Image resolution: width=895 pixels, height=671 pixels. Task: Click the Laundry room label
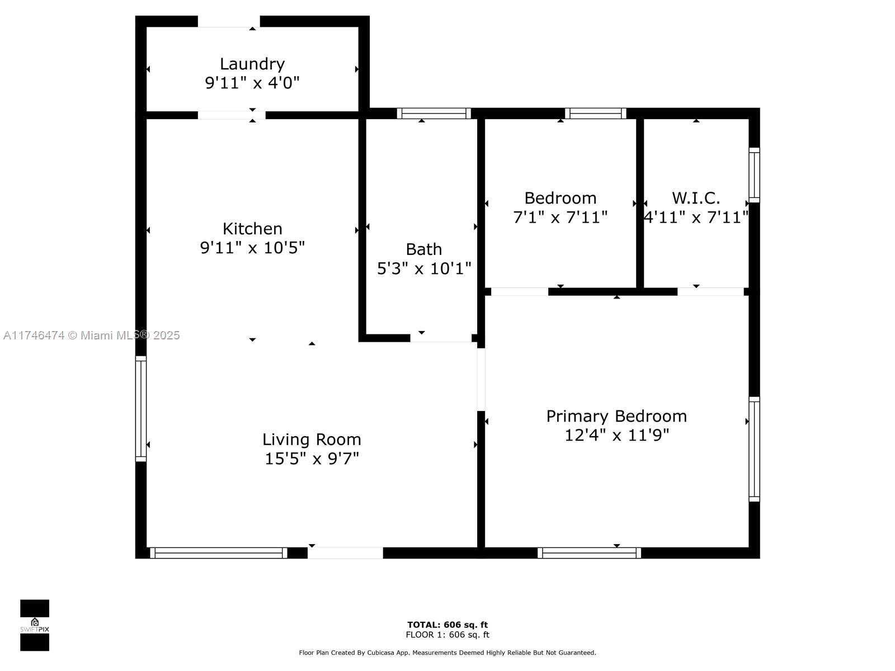252,64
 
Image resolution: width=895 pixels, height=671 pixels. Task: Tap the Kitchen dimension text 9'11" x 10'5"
252,247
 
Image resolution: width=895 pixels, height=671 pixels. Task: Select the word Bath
423,249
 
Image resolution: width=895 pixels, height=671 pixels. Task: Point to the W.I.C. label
696,198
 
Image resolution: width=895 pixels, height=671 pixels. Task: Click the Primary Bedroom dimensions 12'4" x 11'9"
616,435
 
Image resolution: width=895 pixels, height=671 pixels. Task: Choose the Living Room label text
312,440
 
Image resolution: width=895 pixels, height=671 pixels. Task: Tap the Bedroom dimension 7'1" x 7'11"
560,217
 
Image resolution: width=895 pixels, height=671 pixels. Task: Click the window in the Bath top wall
434,114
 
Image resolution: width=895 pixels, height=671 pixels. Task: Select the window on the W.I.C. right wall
755,175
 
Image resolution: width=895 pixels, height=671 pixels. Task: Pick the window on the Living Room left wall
140,409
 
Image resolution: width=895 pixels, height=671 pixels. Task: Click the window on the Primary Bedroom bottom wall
589,553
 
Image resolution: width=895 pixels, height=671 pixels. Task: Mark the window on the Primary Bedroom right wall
755,449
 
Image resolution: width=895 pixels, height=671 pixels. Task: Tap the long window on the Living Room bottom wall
219,553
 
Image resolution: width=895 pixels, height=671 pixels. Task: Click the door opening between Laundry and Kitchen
232,115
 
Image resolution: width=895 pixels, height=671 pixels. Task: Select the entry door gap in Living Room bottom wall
345,553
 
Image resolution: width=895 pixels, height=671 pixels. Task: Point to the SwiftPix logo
35,625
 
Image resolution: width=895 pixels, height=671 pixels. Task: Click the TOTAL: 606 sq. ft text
447,625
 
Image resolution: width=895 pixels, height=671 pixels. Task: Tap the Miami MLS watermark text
91,335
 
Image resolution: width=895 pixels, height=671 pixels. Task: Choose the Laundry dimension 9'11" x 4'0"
252,83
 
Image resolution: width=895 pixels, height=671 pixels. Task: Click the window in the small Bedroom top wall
595,114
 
